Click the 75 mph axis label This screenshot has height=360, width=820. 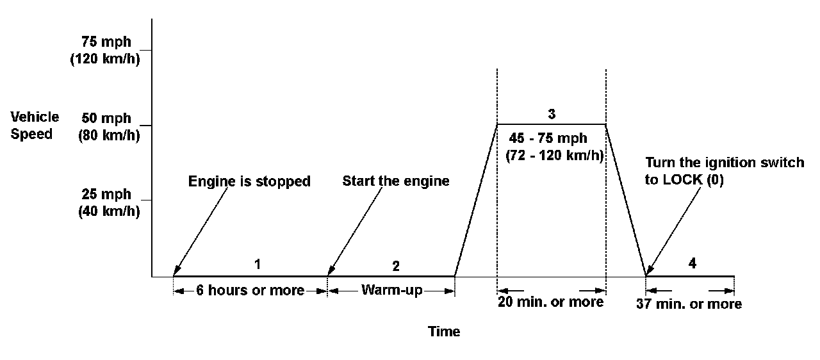106,42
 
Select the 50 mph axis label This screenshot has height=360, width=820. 106,119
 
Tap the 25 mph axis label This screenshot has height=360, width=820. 106,194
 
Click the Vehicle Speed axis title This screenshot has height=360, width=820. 35,126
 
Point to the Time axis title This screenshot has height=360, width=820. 444,332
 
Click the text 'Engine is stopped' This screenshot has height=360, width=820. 249,181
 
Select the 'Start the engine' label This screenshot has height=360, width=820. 396,181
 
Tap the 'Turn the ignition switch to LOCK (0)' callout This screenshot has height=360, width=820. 724,171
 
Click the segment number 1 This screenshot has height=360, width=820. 258,263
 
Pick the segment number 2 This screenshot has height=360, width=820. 396,265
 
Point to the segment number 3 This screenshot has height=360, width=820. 552,114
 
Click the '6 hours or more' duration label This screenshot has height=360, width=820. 250,291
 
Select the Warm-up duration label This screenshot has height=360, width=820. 391,290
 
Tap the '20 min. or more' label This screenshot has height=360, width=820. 551,302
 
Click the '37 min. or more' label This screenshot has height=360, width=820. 689,304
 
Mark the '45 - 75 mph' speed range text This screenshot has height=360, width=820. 548,138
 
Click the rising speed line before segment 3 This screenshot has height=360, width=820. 475,200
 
